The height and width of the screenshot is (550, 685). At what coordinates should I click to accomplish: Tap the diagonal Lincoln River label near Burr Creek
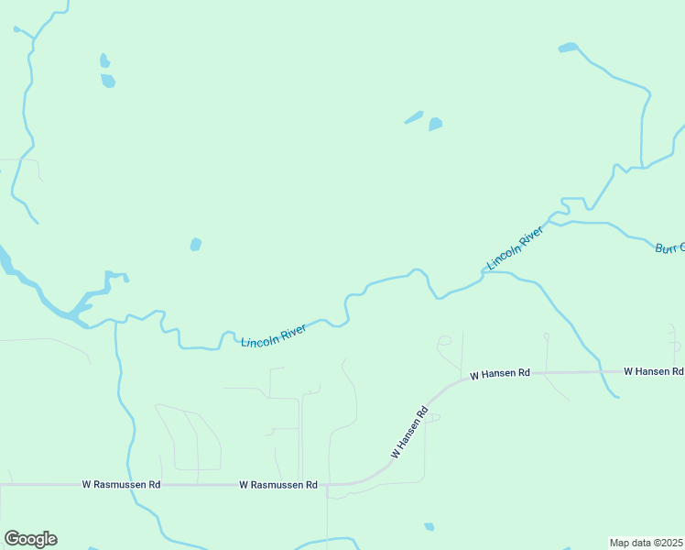pos(515,247)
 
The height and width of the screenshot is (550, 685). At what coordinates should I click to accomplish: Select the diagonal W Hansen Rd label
pos(409,433)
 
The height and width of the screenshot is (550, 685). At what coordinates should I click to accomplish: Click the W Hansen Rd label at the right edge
pos(653,371)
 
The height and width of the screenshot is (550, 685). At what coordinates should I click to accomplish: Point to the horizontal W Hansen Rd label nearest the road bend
pos(500,374)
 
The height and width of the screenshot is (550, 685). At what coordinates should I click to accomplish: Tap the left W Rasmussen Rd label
pos(121,484)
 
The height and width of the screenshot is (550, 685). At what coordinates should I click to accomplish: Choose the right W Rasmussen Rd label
pos(278,484)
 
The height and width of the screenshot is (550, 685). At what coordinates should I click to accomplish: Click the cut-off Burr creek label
pos(669,248)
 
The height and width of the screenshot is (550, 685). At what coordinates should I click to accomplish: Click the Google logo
pos(30,539)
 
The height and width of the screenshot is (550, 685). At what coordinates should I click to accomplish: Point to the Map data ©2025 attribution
pos(646,543)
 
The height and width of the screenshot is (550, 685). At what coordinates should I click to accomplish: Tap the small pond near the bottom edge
pos(429,527)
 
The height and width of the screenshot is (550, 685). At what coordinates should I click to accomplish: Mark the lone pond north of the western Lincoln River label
pos(195,245)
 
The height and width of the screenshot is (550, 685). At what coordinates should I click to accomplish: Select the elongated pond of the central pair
pos(414,117)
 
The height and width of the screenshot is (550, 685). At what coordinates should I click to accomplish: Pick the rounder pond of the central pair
pos(436,124)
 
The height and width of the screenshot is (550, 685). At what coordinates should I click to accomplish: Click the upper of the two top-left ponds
pos(104,61)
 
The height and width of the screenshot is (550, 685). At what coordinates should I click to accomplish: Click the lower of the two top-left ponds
pos(108,81)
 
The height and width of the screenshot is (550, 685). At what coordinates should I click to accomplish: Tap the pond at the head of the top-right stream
pos(568,47)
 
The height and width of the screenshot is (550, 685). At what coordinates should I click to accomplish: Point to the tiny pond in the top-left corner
pos(16,29)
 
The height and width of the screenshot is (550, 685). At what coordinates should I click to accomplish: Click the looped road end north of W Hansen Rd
pos(444,342)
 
